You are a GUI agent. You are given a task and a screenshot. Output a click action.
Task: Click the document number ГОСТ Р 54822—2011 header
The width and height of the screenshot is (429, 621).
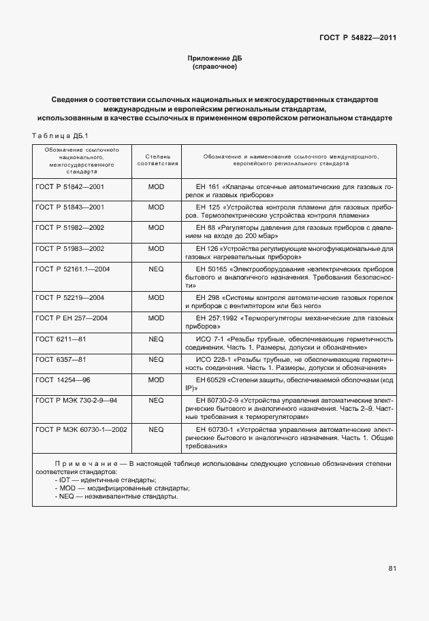(x=357, y=37)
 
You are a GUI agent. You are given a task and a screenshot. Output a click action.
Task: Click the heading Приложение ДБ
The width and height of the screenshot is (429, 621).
(x=214, y=58)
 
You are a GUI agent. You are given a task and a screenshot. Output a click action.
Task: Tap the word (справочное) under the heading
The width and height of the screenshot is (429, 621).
(x=214, y=67)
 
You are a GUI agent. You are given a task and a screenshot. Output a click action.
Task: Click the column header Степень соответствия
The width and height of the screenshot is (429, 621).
(x=157, y=160)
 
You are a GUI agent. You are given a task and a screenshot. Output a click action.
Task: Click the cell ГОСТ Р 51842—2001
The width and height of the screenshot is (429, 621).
(x=69, y=186)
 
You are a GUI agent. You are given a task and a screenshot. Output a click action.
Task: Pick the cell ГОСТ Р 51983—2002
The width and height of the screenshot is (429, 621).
(x=69, y=249)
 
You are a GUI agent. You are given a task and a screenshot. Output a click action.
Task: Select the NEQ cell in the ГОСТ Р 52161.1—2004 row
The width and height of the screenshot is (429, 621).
(x=157, y=270)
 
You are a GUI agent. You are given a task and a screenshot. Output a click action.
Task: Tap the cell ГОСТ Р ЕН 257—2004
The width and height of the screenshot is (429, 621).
(x=71, y=318)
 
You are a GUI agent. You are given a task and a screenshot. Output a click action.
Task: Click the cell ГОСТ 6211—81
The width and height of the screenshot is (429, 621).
(x=61, y=339)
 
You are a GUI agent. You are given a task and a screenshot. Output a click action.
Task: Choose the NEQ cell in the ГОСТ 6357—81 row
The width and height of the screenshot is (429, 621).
(x=157, y=359)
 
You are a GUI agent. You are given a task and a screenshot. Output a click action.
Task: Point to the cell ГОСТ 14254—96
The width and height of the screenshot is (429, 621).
(x=63, y=380)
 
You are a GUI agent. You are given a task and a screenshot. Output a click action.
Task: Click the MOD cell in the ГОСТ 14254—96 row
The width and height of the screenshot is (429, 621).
(x=157, y=380)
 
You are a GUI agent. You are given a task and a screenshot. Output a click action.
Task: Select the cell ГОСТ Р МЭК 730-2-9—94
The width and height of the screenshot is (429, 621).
(x=76, y=401)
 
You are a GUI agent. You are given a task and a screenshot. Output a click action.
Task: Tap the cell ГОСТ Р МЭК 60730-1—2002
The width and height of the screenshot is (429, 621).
(x=80, y=430)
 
